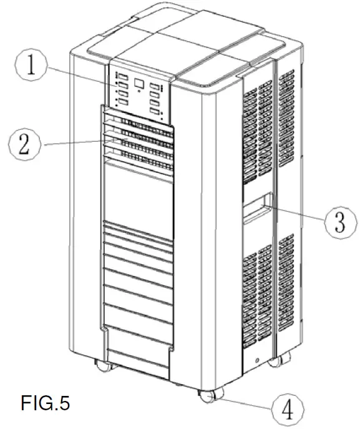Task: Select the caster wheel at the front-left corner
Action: coord(100,365)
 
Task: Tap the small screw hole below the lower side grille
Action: coord(255,359)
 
